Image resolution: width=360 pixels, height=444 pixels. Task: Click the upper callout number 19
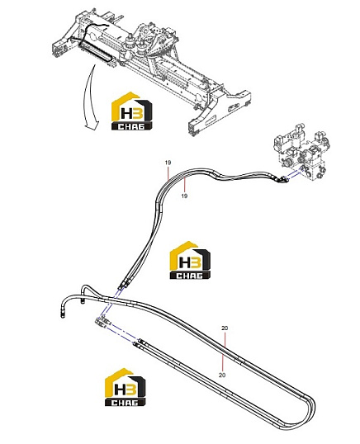[168, 163]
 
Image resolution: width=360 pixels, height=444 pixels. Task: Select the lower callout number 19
[184, 196]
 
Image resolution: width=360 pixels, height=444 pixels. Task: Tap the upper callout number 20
[225, 328]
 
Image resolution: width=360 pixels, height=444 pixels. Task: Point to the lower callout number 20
[222, 375]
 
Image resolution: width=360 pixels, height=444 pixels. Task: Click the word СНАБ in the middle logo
[190, 276]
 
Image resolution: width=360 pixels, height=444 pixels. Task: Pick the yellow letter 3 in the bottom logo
[131, 389]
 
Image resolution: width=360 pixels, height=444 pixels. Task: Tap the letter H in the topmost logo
[126, 113]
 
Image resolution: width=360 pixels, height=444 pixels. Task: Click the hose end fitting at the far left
[62, 314]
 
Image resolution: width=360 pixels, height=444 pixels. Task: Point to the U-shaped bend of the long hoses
[310, 403]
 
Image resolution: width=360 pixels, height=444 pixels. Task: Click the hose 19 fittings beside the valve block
[280, 178]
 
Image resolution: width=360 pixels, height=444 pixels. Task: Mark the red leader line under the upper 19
[168, 172]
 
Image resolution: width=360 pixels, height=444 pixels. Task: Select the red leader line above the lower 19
[184, 185]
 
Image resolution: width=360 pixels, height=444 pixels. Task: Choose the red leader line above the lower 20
[223, 362]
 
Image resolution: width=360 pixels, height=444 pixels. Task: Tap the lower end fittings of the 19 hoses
[125, 284]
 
